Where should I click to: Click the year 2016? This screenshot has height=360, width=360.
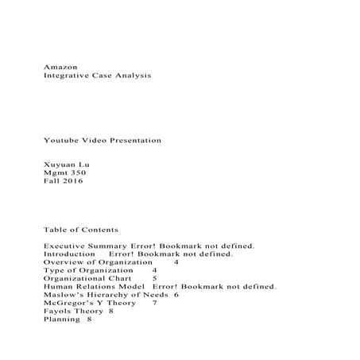tap(73, 182)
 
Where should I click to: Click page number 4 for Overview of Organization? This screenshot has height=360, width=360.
tap(176, 261)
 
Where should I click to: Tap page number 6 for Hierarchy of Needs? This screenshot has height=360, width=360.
tap(175, 294)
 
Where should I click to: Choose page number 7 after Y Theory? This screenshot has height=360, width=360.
tap(154, 303)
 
